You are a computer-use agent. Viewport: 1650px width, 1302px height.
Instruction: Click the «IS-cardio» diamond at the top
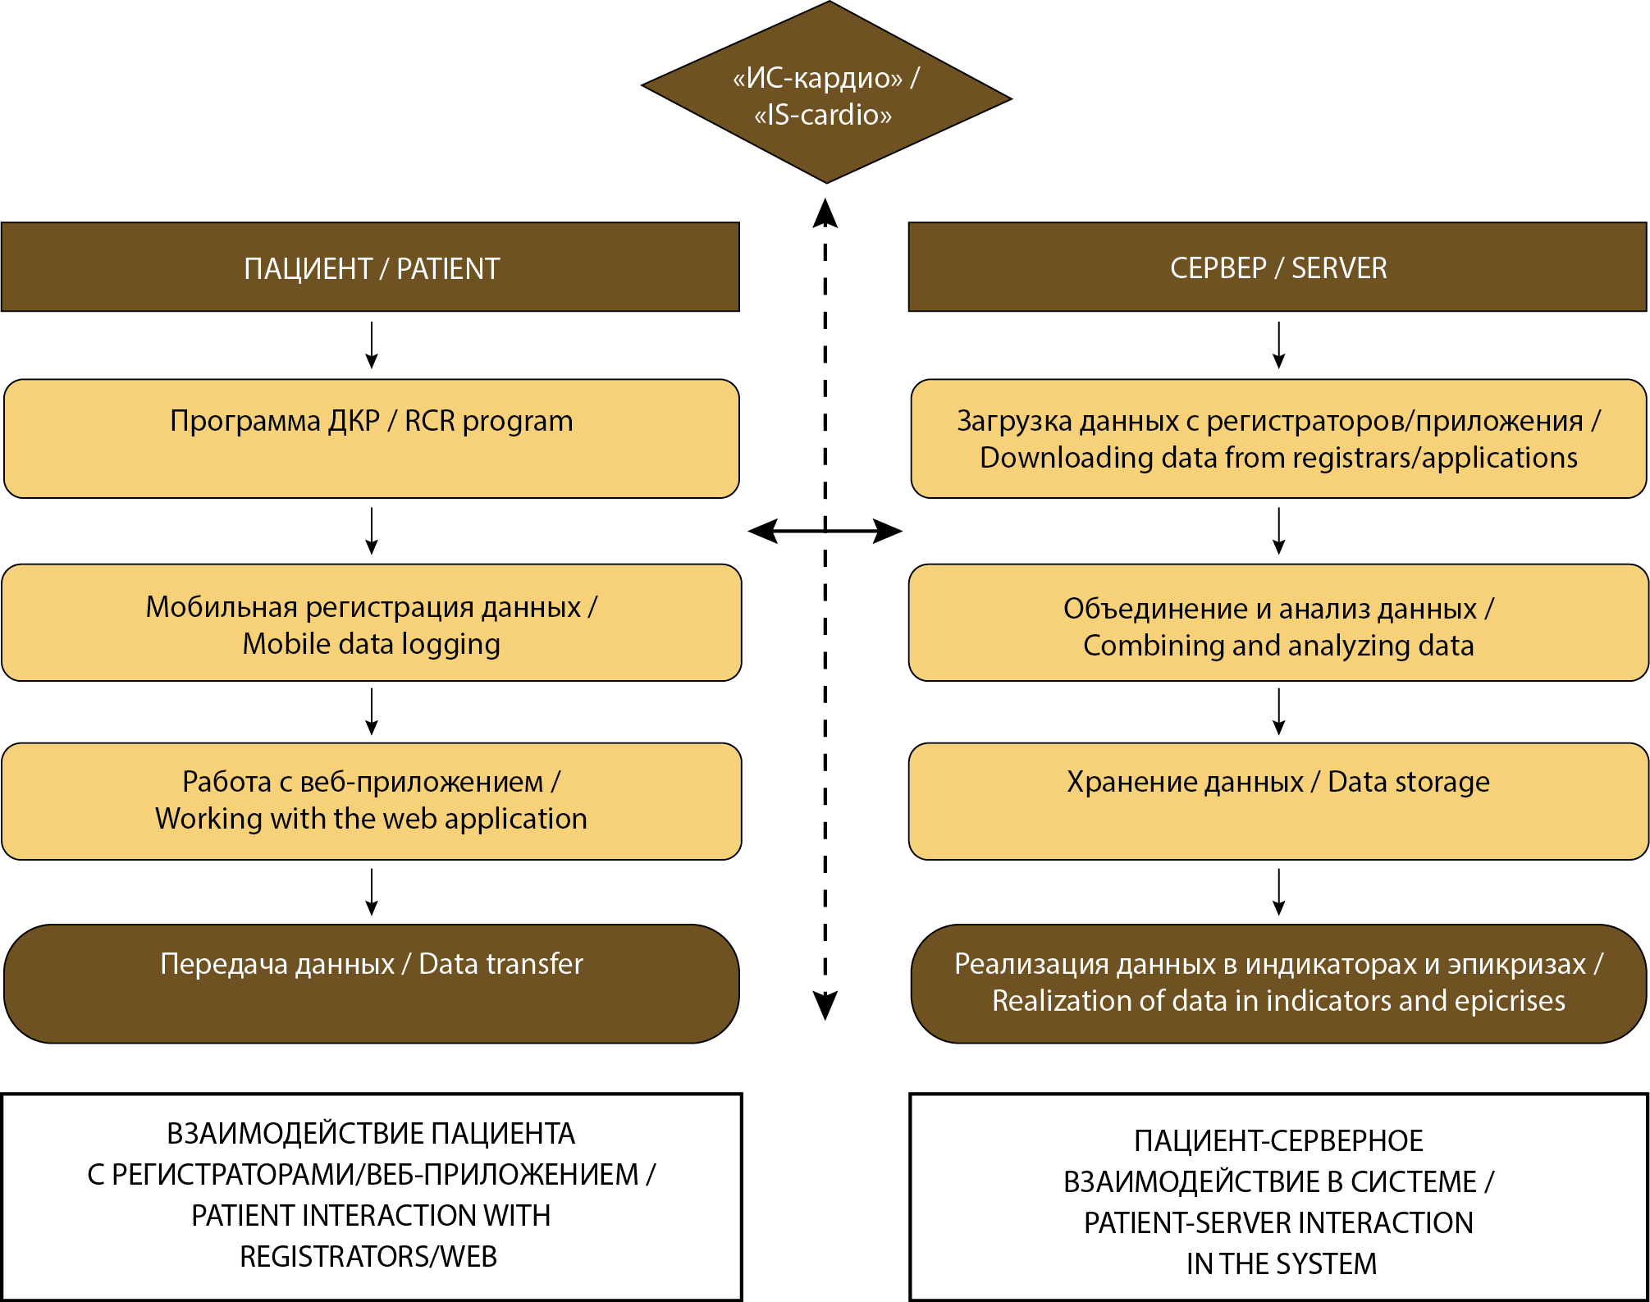[825, 94]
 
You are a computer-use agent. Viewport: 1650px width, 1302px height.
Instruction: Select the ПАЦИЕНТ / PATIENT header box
[371, 267]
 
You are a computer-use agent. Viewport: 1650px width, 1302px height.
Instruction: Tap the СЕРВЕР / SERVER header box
[1277, 267]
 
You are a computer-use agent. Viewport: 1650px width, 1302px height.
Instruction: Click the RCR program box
[371, 438]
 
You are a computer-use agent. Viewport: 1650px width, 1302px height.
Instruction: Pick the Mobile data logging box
[371, 624]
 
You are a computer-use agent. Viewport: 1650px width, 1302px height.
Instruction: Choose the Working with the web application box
[371, 801]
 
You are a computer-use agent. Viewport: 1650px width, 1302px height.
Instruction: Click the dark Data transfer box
[371, 983]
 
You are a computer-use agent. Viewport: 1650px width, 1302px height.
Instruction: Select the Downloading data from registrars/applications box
[1277, 438]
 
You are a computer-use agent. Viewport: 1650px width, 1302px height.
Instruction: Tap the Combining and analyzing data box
[1277, 624]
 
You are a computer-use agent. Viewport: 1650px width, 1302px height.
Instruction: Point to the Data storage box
[1277, 801]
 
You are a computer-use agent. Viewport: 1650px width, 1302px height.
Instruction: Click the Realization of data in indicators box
[1277, 983]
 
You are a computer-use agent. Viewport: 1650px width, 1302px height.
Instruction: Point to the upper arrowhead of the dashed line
[825, 213]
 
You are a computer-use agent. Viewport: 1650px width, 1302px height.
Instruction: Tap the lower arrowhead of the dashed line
[825, 1004]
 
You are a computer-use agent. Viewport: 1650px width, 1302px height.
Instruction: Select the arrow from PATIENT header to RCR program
[372, 345]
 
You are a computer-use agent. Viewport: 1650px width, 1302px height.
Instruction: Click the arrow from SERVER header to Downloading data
[1278, 345]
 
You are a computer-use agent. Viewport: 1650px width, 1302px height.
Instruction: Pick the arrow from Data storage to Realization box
[1278, 892]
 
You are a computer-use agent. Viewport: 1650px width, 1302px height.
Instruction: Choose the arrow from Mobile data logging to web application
[372, 711]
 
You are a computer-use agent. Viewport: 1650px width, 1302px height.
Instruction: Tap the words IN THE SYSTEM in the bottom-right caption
[1281, 1264]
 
